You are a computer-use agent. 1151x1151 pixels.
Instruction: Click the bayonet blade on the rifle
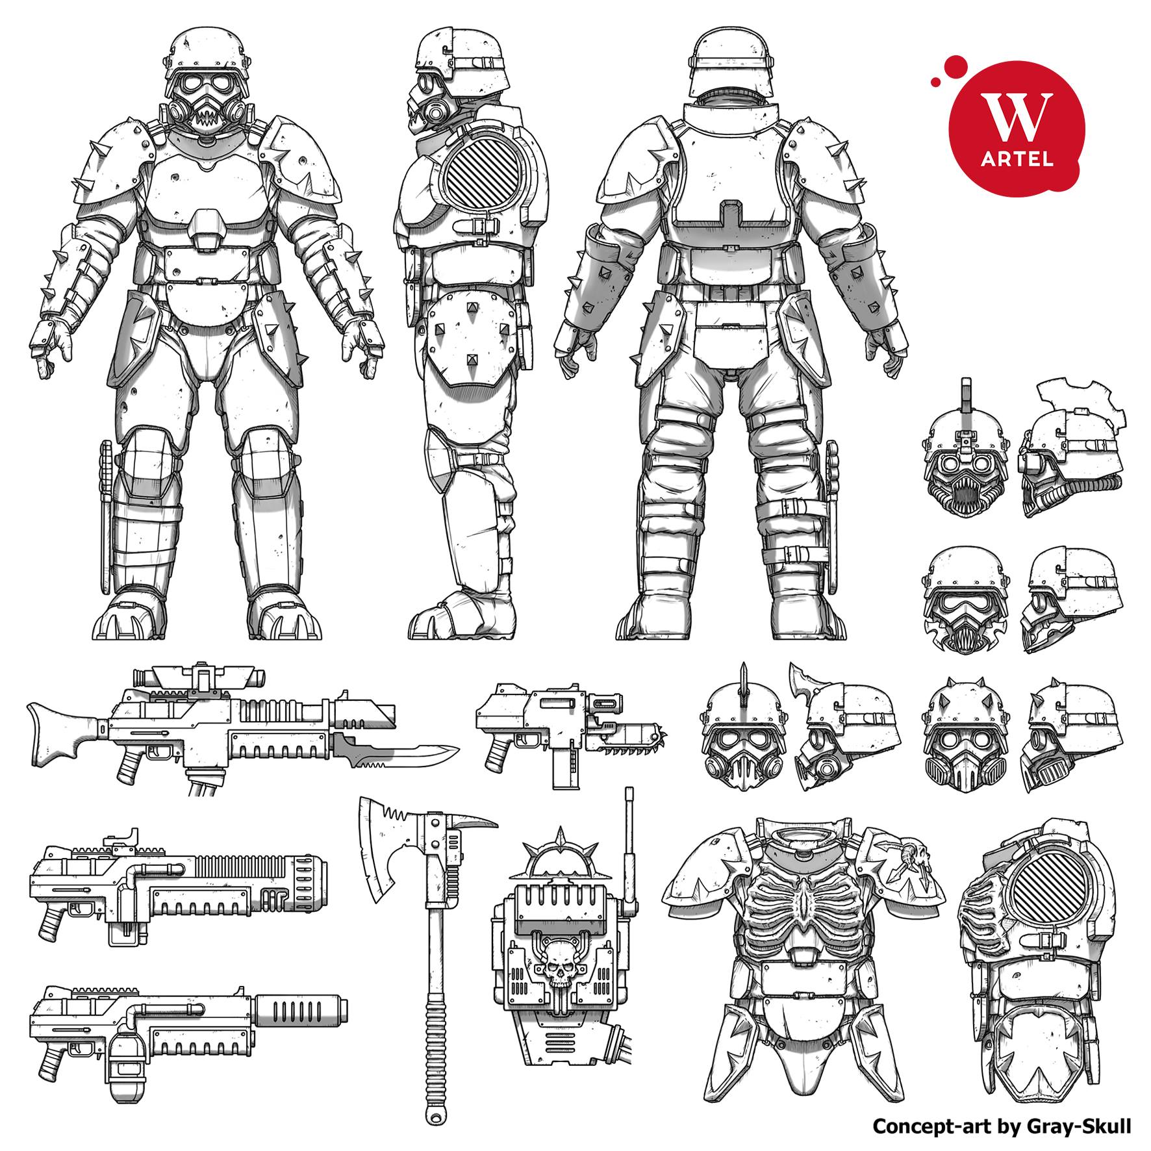click(396, 754)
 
